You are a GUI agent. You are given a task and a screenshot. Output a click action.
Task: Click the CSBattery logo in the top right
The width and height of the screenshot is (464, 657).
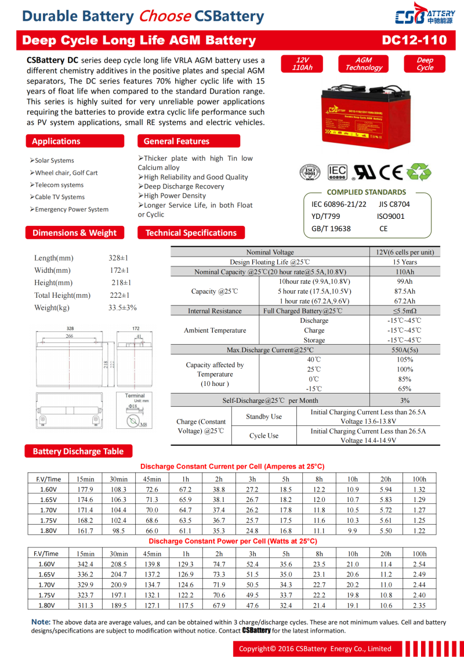pyautogui.click(x=425, y=17)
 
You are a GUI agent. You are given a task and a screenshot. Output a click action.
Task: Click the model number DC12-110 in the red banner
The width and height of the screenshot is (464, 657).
pyautogui.click(x=415, y=40)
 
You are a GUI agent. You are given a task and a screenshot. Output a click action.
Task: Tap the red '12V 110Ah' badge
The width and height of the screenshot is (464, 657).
pyautogui.click(x=302, y=64)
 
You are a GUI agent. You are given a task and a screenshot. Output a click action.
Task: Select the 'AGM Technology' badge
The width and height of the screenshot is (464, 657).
pyautogui.click(x=364, y=64)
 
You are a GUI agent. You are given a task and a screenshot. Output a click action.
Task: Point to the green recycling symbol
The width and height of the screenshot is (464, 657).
pyautogui.click(x=418, y=172)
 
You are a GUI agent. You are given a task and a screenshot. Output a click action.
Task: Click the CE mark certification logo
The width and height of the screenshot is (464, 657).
pyautogui.click(x=391, y=172)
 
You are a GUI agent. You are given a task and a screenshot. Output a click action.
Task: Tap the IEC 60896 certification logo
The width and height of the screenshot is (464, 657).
pyautogui.click(x=338, y=172)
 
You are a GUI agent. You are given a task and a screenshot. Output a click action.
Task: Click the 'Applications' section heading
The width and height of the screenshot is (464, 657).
pyautogui.click(x=56, y=141)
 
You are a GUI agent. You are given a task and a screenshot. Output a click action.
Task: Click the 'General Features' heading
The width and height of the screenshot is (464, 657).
pyautogui.click(x=176, y=141)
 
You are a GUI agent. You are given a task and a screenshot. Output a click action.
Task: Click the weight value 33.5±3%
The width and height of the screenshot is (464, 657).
pyautogui.click(x=122, y=308)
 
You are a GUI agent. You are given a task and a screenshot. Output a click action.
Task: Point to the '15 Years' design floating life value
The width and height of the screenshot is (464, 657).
pyautogui.click(x=405, y=262)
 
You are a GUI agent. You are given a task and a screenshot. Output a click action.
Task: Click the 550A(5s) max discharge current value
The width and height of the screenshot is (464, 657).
pyautogui.click(x=405, y=350)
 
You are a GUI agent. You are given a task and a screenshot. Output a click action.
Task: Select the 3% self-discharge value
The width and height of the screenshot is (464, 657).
pyautogui.click(x=405, y=400)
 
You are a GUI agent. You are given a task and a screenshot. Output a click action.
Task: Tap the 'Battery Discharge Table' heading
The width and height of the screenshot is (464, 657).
pyautogui.click(x=78, y=451)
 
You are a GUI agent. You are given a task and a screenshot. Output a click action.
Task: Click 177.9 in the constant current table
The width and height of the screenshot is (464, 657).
pyautogui.click(x=85, y=489)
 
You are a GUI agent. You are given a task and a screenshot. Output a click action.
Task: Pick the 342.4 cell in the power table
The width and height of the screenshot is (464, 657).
pyautogui.click(x=85, y=564)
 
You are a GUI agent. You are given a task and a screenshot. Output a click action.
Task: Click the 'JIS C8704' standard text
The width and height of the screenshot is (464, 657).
pyautogui.click(x=394, y=204)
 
